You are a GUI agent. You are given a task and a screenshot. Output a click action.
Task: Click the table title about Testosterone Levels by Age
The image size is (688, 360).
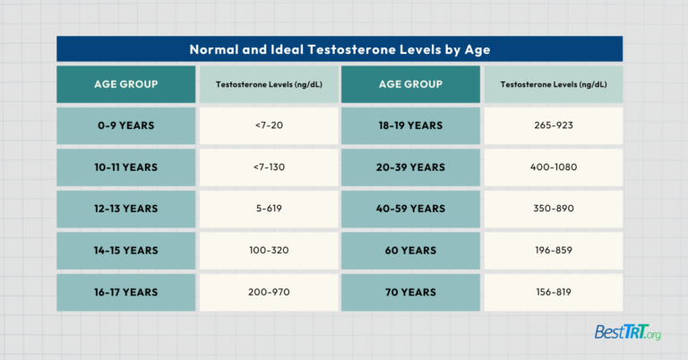[340, 49]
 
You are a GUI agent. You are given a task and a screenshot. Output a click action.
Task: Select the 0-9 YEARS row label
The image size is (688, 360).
[125, 125]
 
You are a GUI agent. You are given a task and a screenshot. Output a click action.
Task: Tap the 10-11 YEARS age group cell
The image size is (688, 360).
[125, 167]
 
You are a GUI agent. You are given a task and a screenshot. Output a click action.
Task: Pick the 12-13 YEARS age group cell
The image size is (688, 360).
[125, 209]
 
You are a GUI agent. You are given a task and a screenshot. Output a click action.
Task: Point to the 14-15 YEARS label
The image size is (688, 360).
[125, 250]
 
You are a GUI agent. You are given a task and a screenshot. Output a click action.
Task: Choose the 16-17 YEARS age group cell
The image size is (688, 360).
[125, 292]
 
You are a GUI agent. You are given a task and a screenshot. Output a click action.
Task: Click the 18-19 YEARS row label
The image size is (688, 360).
[411, 125]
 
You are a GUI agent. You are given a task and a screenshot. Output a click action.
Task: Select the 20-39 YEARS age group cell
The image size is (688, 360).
[411, 167]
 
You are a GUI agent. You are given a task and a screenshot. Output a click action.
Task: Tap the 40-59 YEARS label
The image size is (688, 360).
[411, 209]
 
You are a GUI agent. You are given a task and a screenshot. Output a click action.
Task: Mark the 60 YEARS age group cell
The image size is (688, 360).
[411, 250]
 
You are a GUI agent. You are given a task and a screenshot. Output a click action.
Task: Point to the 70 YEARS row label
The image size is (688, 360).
[411, 292]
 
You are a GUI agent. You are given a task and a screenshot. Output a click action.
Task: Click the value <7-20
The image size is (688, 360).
[269, 125]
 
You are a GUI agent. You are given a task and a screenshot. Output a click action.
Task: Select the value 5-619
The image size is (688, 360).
[269, 209]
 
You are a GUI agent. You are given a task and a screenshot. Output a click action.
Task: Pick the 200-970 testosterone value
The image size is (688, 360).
[269, 292]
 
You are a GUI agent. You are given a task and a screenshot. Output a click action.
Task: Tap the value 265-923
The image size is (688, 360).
[553, 125]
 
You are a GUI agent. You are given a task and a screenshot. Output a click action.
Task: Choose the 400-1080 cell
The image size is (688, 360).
[553, 167]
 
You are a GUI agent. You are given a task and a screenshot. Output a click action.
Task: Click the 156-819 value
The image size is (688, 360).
[553, 292]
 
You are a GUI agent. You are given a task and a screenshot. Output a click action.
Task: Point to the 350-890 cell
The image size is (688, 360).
[553, 209]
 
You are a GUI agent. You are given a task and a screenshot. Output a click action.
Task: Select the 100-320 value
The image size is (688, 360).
[269, 250]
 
